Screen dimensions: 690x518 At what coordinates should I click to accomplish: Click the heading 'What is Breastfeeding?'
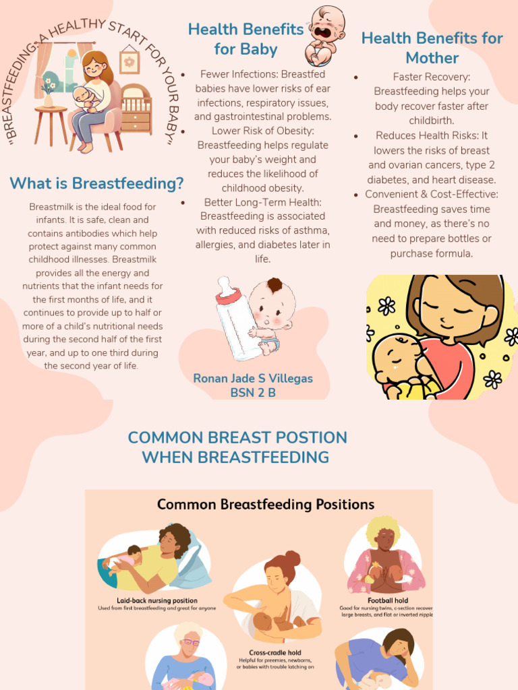pyautogui.click(x=96, y=183)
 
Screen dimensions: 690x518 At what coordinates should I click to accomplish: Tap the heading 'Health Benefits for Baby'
pyautogui.click(x=246, y=39)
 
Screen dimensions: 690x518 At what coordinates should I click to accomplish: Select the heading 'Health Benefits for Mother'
pyautogui.click(x=432, y=48)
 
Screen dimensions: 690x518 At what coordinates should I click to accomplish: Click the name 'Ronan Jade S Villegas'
pyautogui.click(x=253, y=378)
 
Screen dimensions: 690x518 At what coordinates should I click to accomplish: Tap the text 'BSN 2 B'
pyautogui.click(x=253, y=392)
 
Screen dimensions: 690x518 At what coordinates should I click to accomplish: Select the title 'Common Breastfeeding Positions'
pyautogui.click(x=265, y=505)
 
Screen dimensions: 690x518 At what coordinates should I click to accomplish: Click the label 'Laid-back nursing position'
pyautogui.click(x=157, y=600)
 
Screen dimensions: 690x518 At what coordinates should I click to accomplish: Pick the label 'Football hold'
pyautogui.click(x=388, y=600)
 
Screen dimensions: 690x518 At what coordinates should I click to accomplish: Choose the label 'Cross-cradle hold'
pyautogui.click(x=275, y=653)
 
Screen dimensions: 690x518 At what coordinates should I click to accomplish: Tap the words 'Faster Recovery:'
pyautogui.click(x=432, y=77)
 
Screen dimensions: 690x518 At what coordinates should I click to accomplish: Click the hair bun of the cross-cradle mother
pyautogui.click(x=292, y=558)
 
